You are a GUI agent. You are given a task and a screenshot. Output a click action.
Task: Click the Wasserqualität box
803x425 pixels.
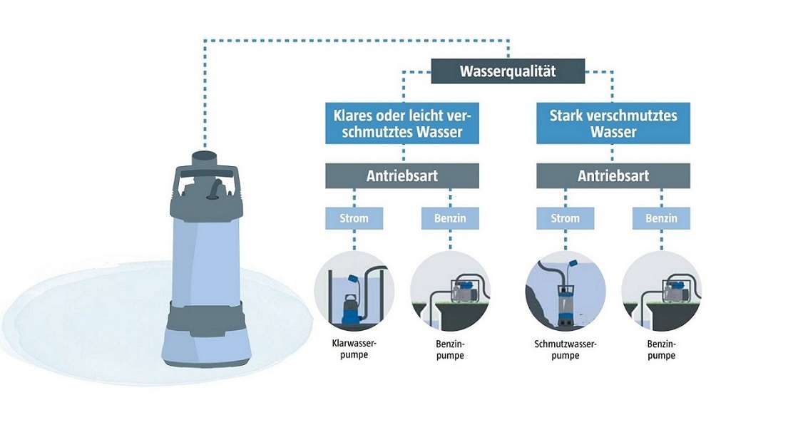(x=508, y=71)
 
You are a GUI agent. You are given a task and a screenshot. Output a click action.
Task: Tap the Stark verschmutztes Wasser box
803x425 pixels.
(x=613, y=123)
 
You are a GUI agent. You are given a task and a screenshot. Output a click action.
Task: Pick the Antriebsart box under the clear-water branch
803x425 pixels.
(x=403, y=175)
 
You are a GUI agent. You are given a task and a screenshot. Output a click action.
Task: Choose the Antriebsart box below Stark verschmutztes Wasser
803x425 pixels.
(x=613, y=175)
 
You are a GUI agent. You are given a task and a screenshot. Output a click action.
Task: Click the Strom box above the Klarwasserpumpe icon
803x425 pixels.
(x=354, y=217)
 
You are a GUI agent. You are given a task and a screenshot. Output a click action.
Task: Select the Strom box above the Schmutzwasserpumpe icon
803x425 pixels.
(x=566, y=217)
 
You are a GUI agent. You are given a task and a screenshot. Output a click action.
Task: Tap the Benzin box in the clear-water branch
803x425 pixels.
(x=450, y=217)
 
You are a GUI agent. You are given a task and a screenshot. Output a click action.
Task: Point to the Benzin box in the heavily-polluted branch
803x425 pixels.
(x=661, y=217)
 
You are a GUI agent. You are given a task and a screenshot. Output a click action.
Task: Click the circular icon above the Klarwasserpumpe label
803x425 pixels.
(x=354, y=291)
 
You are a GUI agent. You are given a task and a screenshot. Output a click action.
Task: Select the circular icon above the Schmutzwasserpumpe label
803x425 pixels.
(x=566, y=291)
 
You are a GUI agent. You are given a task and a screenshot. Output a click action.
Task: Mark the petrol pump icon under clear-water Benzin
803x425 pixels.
(x=450, y=291)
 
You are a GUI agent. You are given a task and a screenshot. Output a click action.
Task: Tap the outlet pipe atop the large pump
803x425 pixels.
(x=205, y=156)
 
